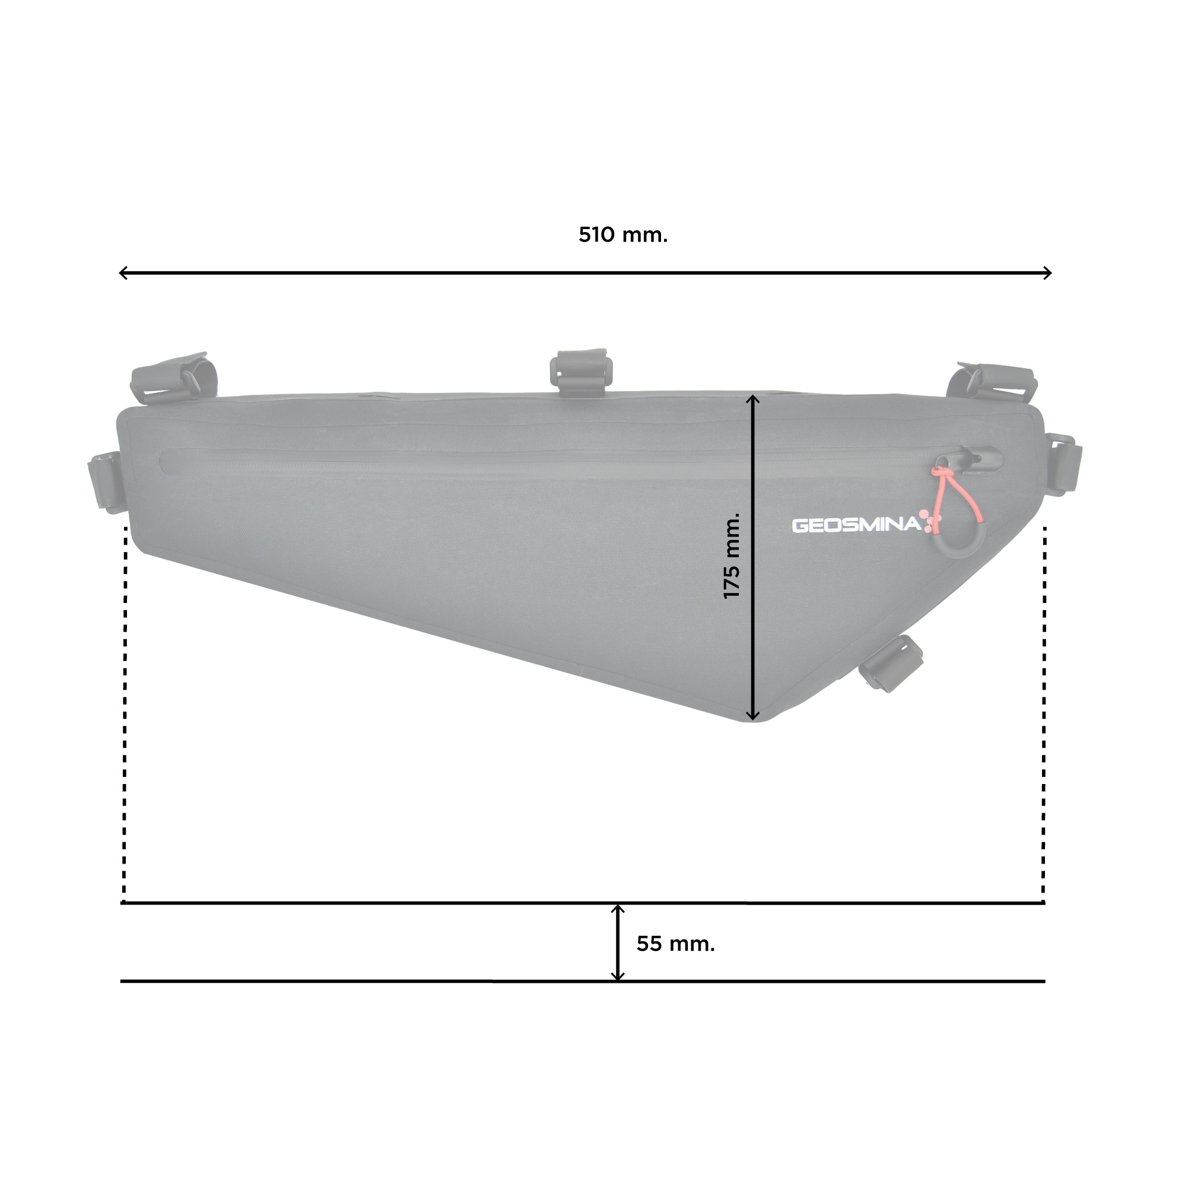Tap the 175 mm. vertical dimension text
tap(732, 557)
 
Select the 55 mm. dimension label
tap(675, 944)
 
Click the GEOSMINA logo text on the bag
tap(856, 525)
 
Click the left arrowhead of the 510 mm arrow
tap(123, 273)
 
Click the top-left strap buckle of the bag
tap(174, 377)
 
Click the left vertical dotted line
tap(125, 713)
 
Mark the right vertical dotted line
tap(1044, 713)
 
